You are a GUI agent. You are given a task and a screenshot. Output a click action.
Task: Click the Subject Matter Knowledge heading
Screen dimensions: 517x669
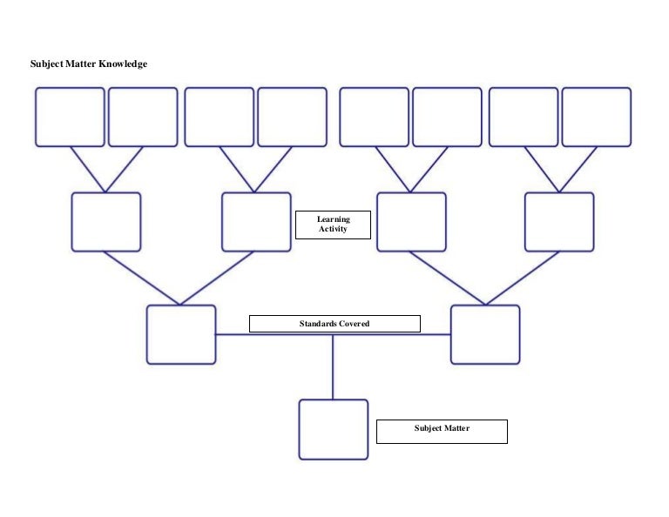(89, 64)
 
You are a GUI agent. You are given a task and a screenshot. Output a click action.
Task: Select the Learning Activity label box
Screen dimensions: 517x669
(333, 225)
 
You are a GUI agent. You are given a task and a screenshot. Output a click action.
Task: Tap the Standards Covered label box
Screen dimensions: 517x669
(334, 324)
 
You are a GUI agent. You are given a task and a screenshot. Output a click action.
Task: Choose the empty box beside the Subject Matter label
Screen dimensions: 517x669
(333, 429)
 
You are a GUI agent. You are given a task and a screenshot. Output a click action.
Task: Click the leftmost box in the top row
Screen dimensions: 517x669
(70, 117)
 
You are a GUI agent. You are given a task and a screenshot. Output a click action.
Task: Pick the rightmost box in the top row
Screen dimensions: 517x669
(597, 117)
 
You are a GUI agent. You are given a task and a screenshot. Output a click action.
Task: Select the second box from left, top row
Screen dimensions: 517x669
(143, 117)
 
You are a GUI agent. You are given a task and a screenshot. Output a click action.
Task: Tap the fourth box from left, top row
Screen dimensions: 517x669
(293, 117)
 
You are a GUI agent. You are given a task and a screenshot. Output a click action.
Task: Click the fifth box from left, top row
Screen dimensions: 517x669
(374, 117)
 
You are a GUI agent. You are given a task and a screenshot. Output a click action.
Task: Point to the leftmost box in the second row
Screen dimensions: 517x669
(105, 222)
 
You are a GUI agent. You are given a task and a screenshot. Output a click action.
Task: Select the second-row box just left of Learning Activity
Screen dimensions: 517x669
(256, 222)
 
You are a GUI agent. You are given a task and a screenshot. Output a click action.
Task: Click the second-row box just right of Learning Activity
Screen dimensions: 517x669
(411, 222)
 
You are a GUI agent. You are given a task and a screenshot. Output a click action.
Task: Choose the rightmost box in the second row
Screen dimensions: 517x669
(559, 222)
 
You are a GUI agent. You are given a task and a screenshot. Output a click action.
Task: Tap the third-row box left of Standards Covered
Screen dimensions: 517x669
(181, 334)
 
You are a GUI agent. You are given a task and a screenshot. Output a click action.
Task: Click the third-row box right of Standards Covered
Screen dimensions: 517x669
(485, 334)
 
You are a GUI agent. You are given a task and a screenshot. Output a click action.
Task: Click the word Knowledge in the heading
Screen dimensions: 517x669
(123, 64)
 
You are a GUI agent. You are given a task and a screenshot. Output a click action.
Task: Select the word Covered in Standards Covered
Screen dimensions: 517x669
(353, 324)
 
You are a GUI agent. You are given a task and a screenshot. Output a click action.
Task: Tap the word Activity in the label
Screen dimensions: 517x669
(333, 230)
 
